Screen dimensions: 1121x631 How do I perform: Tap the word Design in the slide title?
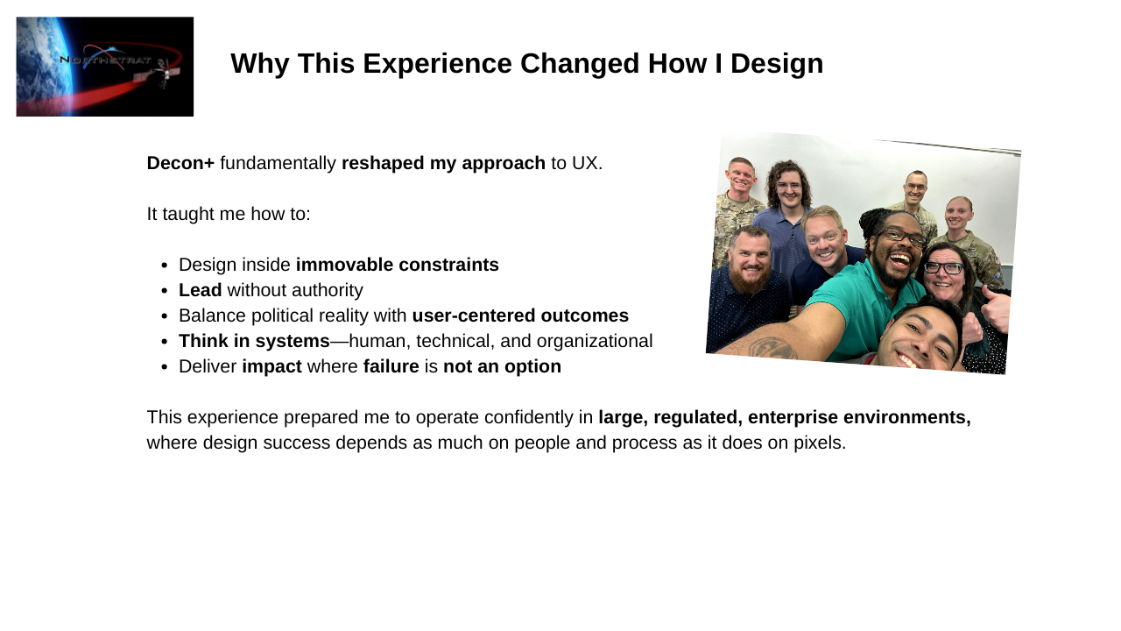click(x=777, y=64)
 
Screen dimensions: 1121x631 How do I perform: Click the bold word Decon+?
click(x=180, y=163)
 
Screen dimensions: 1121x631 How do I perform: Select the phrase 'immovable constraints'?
click(x=398, y=265)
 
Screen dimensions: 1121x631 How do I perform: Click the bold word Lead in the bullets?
click(x=201, y=290)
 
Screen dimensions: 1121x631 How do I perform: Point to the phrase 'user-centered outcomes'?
click(x=520, y=315)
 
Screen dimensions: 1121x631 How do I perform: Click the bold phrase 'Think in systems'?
click(x=254, y=341)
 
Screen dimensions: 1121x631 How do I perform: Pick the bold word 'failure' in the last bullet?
click(x=391, y=366)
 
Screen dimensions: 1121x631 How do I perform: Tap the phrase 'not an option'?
click(x=503, y=366)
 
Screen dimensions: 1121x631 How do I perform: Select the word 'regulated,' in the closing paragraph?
click(x=698, y=417)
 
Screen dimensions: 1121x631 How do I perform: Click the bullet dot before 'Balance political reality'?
click(x=165, y=316)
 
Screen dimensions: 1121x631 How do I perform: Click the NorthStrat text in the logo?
click(x=105, y=60)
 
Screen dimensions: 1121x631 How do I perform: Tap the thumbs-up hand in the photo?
click(x=996, y=308)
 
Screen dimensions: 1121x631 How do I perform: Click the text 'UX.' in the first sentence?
click(x=587, y=163)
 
